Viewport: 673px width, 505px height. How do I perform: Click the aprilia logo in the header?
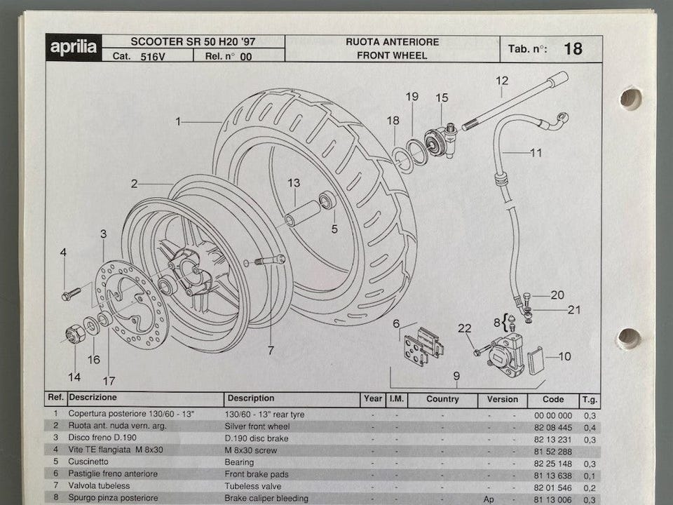tap(74, 48)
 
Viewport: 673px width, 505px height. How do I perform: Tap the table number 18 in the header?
tap(572, 48)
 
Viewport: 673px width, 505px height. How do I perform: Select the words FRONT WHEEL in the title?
tap(392, 55)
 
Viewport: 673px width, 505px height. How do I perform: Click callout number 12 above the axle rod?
tap(501, 81)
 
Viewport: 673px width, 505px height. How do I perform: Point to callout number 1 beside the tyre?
tap(179, 121)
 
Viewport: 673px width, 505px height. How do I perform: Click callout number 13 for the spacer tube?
tap(293, 183)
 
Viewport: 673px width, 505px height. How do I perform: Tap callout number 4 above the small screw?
tap(63, 252)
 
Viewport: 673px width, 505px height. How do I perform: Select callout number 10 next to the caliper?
tap(564, 356)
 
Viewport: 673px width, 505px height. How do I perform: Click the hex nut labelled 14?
tap(75, 335)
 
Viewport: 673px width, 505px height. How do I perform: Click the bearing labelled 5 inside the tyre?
tap(327, 201)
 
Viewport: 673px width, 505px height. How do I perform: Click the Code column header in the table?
tap(553, 399)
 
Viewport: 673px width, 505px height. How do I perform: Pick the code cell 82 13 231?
tap(553, 438)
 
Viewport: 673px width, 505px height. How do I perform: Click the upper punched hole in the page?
tap(630, 98)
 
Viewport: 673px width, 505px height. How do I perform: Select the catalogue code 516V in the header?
tap(152, 56)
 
